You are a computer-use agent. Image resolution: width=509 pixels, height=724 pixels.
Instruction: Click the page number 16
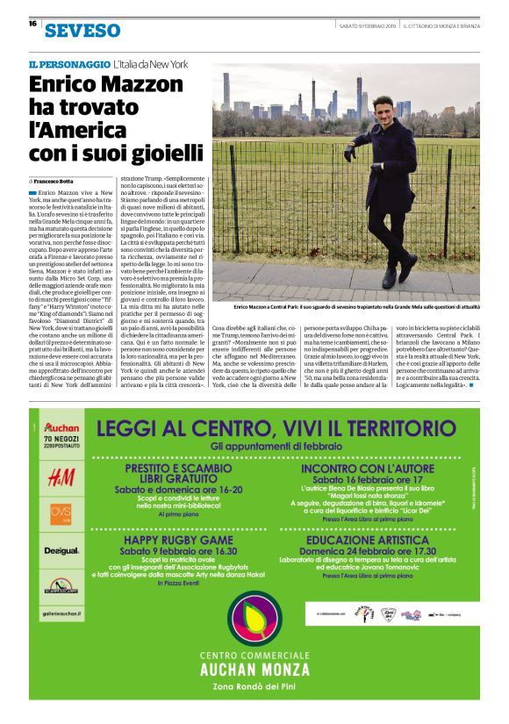(x=32, y=24)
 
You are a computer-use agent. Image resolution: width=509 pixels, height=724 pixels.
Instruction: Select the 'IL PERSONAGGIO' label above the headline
(x=68, y=65)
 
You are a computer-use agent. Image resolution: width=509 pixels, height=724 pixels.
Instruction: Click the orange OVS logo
(x=61, y=513)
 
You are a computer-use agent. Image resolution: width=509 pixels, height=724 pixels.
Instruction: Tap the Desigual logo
(x=61, y=550)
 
